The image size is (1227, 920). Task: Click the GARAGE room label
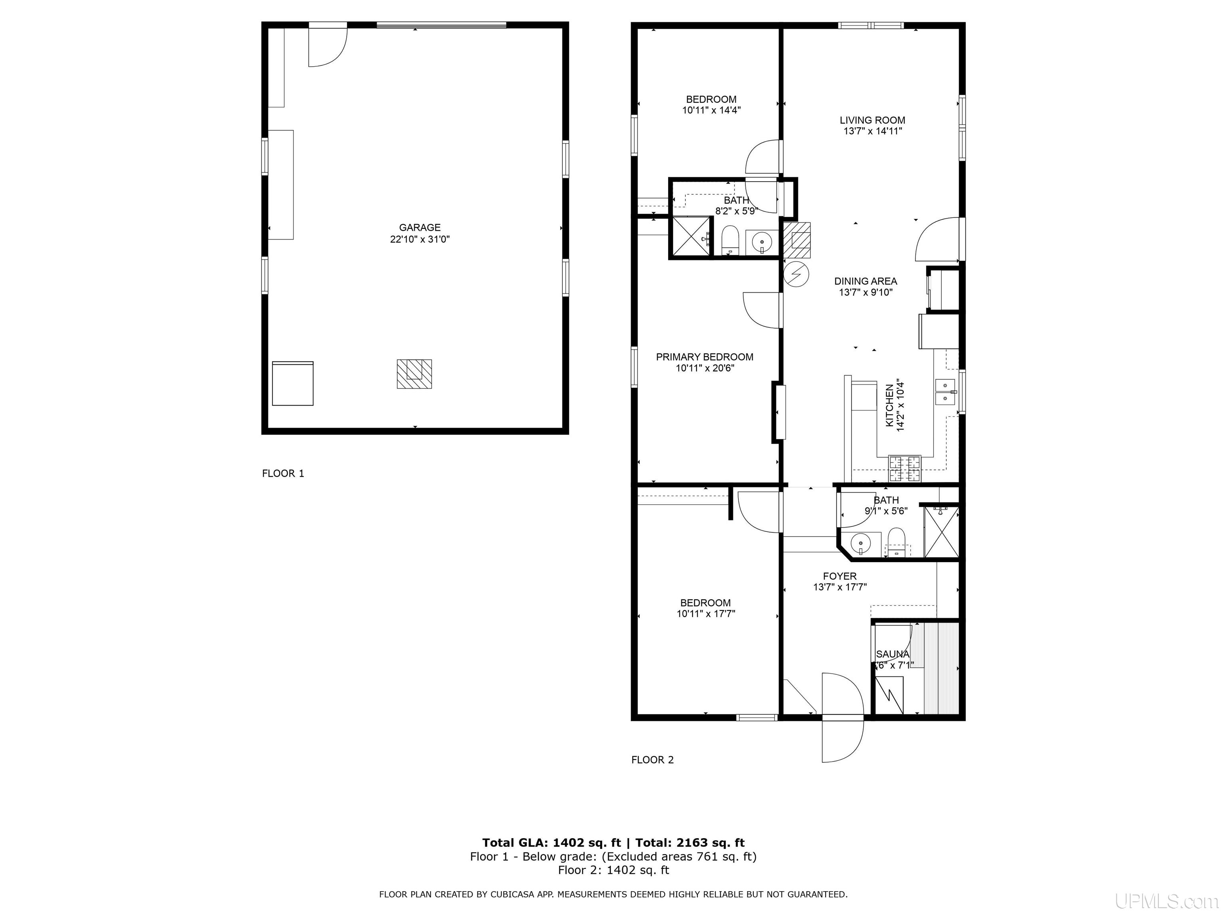(419, 227)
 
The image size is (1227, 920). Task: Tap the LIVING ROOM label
(872, 120)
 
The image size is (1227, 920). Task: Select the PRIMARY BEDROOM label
(705, 357)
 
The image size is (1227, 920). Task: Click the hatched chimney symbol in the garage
(414, 373)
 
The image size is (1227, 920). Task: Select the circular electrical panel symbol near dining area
(796, 274)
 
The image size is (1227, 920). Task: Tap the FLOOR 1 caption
(283, 474)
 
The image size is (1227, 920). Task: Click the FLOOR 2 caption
(652, 760)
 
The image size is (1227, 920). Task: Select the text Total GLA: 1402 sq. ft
(551, 843)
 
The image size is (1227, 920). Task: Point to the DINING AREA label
(866, 281)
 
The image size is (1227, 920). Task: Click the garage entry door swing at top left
(327, 47)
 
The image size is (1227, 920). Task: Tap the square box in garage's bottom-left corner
(292, 384)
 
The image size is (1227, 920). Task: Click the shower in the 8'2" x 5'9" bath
(691, 237)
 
